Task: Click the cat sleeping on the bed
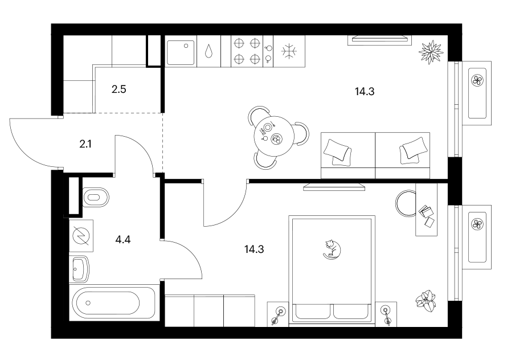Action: pyautogui.click(x=332, y=249)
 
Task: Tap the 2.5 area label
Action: pyautogui.click(x=118, y=89)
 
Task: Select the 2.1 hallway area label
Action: pyautogui.click(x=85, y=144)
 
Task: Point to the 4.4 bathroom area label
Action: pyautogui.click(x=123, y=240)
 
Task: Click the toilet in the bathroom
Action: pyautogui.click(x=96, y=197)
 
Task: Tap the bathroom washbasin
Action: pyautogui.click(x=79, y=268)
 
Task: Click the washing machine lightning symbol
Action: pyautogui.click(x=81, y=235)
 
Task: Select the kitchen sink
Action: pyautogui.click(x=181, y=52)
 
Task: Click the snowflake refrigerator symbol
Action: pyautogui.click(x=289, y=51)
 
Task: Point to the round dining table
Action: pyautogui.click(x=273, y=136)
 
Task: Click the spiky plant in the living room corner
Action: pyautogui.click(x=431, y=52)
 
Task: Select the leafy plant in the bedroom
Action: pyautogui.click(x=426, y=301)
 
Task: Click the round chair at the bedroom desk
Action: pyautogui.click(x=406, y=203)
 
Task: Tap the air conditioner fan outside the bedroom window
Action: pyautogui.click(x=477, y=224)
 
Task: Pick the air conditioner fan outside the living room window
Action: pyautogui.click(x=477, y=80)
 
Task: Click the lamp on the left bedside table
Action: pyautogui.click(x=278, y=315)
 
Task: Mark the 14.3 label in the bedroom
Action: pyautogui.click(x=254, y=249)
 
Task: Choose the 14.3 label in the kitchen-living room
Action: pyautogui.click(x=365, y=92)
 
